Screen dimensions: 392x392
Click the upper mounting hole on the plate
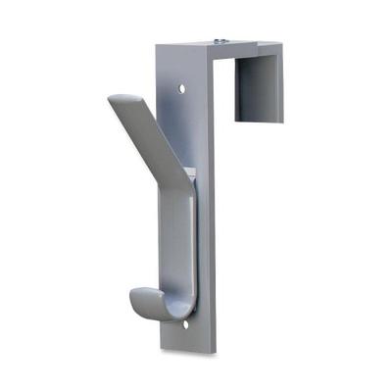click(181, 88)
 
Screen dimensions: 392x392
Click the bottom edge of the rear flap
click(260, 122)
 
